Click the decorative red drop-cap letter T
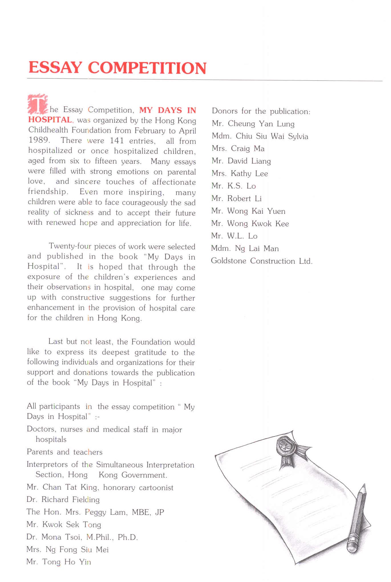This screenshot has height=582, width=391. [37, 104]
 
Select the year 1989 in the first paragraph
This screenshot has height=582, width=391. [39, 140]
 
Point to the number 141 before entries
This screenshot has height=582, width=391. [117, 141]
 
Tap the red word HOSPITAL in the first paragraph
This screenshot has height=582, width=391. [50, 120]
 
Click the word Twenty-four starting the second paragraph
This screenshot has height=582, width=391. [70, 246]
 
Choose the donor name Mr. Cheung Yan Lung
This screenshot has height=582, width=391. [253, 124]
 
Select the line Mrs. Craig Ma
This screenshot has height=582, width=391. [238, 149]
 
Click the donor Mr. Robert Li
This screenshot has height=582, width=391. [236, 198]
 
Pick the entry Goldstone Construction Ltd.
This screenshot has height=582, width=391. [262, 261]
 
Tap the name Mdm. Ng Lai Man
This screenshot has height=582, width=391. [245, 248]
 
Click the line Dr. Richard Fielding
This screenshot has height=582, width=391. [63, 500]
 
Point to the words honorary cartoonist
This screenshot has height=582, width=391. [138, 488]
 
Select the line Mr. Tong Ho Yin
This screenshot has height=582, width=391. [59, 562]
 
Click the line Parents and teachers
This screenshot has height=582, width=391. [64, 452]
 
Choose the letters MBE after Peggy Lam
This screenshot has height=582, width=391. [141, 512]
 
